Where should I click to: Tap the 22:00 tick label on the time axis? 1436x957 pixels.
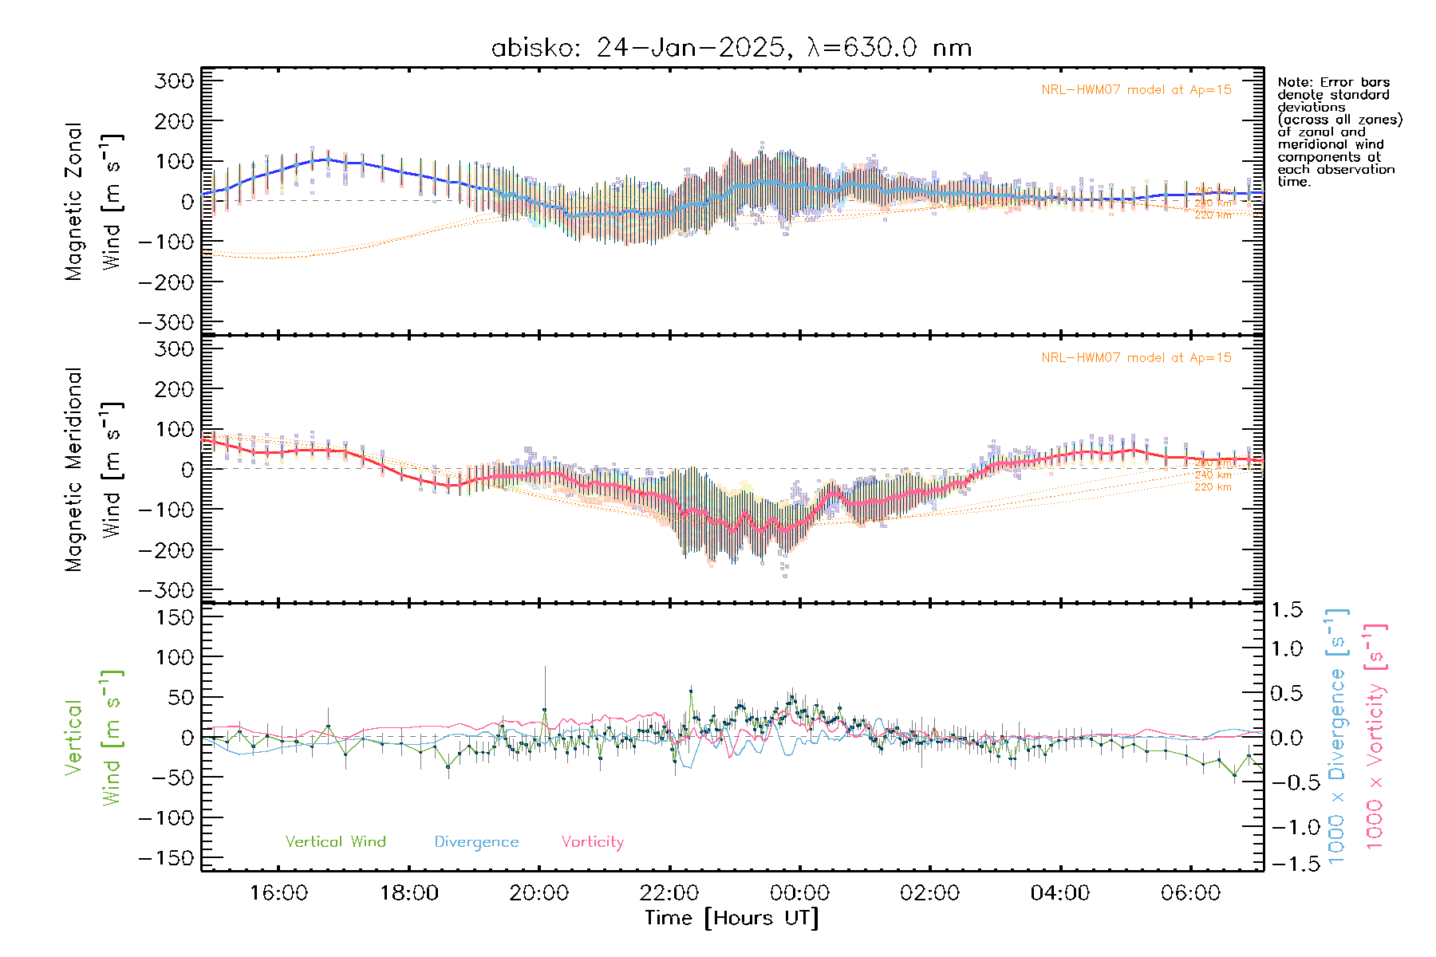point(669,892)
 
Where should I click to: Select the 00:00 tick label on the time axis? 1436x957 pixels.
point(799,892)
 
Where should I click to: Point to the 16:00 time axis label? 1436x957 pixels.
point(278,892)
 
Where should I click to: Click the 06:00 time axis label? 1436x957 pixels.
point(1190,892)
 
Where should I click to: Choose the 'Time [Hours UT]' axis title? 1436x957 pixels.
point(732,918)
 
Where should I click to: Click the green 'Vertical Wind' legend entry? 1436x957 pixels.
point(335,841)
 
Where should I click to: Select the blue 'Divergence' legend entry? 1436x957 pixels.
point(476,841)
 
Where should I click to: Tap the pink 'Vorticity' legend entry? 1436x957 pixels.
point(592,841)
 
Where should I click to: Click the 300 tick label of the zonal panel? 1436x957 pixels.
point(175,81)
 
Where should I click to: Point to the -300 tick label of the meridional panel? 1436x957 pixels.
point(167,590)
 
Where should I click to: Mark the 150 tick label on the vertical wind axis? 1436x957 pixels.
point(175,617)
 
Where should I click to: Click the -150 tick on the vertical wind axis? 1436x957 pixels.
point(167,858)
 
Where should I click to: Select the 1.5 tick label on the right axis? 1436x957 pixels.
point(1286,610)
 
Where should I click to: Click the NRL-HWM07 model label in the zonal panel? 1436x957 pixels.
point(1136,90)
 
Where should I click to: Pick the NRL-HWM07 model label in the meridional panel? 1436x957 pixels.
point(1136,358)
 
